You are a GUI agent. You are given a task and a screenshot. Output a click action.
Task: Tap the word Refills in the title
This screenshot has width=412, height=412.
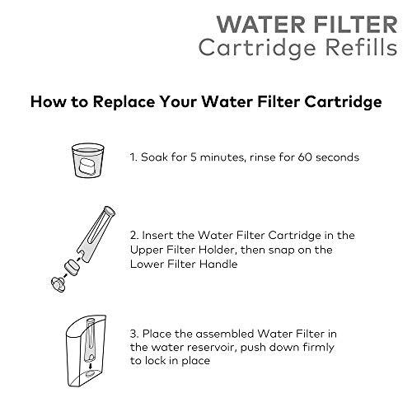[362, 48]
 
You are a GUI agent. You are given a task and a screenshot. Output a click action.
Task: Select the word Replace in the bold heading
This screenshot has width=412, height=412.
[124, 102]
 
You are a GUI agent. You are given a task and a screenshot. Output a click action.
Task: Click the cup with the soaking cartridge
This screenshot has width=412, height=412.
[88, 161]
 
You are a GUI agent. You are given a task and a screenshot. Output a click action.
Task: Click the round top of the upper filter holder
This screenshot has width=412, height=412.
[109, 211]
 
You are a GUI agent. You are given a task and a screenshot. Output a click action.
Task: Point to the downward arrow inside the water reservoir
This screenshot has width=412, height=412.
[91, 367]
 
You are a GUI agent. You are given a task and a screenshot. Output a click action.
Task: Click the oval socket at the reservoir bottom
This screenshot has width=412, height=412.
[90, 374]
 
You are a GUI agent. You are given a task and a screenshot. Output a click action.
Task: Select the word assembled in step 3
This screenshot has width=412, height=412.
[224, 334]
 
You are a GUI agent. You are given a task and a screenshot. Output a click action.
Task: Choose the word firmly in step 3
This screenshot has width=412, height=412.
[318, 348]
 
